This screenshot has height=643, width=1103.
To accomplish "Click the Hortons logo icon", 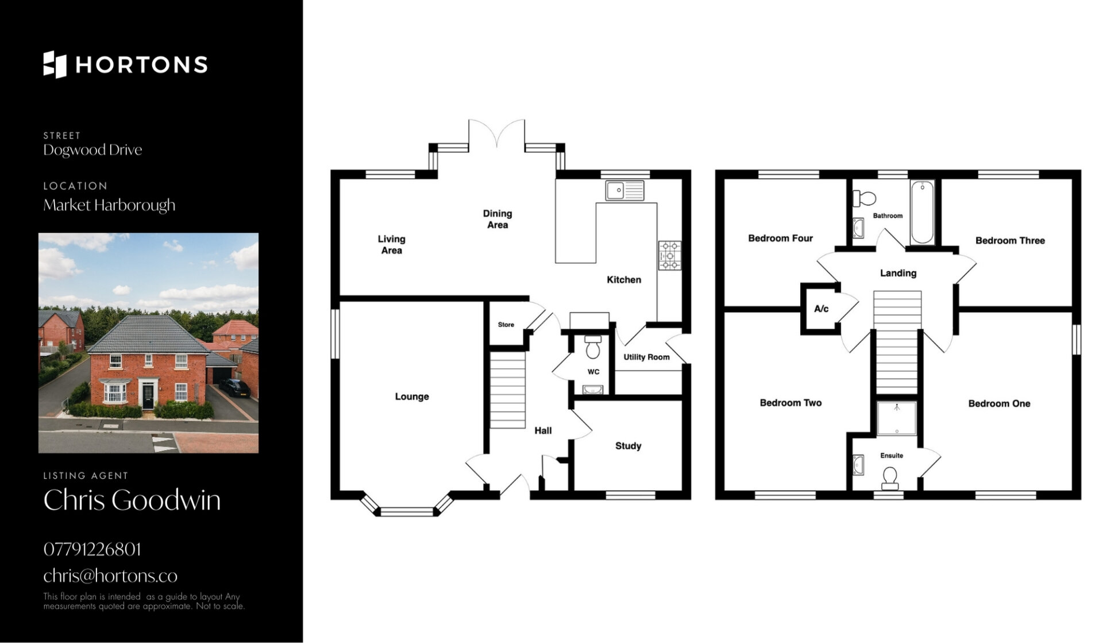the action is point(55,64).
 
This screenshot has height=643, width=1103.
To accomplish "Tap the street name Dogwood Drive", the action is point(92,150).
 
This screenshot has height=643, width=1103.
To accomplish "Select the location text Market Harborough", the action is point(109,205).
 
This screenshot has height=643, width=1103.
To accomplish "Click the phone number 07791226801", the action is point(92,549).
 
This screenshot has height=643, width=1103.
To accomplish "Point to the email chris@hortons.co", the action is point(110,575).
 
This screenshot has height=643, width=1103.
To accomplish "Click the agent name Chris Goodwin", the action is point(132,500).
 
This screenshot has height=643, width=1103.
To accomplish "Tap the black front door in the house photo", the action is point(148,396).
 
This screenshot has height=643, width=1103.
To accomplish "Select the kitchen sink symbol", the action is point(624,190).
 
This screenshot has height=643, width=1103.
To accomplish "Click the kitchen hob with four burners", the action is point(669,256).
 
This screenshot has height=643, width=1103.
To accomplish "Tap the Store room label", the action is point(506,325).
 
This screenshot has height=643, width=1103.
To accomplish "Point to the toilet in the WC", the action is point(593,347).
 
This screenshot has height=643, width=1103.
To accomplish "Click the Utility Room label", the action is point(647,357).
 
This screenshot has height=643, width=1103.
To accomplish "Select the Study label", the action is point(628,446).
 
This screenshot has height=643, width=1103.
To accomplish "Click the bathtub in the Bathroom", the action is point(922,212).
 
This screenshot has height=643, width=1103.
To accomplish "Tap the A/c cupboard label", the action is point(822,309).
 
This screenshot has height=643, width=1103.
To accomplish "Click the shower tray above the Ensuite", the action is point(897,418).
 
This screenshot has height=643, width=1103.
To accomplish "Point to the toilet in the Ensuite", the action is point(890,479).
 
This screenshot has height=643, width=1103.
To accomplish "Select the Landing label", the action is point(898,274).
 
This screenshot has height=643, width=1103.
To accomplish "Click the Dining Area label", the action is point(497,219).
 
